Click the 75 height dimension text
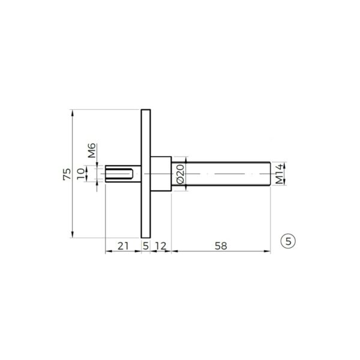[x=66, y=174]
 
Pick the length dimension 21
[x=124, y=246]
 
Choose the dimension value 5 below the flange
[x=145, y=246]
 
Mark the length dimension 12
[x=160, y=246]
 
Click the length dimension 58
[x=220, y=246]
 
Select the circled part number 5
[x=289, y=241]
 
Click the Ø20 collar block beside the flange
[x=160, y=174]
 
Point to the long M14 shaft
[x=228, y=174]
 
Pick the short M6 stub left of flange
[x=123, y=174]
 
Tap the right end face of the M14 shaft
[x=270, y=174]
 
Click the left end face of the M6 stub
[x=106, y=174]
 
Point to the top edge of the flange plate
[x=145, y=110]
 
